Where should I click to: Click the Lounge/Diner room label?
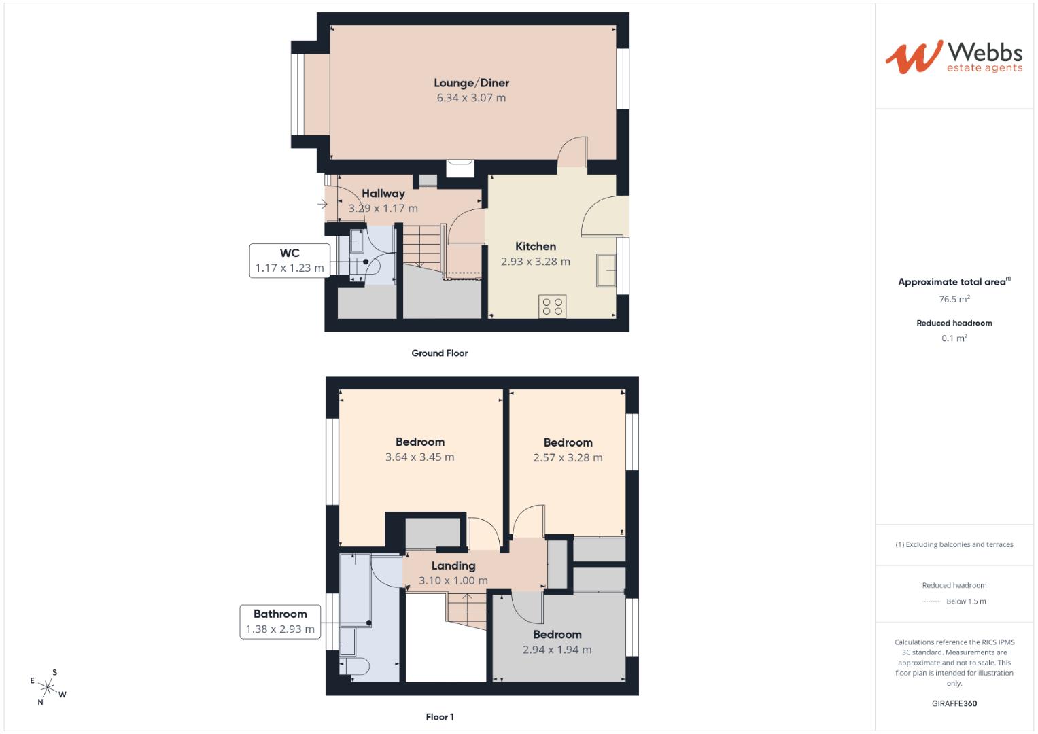point(471,83)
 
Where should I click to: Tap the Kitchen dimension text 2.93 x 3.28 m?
point(535,262)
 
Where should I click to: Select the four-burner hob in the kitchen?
point(553,307)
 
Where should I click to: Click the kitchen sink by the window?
point(606,270)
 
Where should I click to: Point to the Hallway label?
point(383,193)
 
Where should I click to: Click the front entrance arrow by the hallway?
point(322,204)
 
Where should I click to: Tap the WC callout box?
point(290,260)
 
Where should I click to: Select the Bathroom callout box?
point(280,621)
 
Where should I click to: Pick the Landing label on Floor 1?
point(453,565)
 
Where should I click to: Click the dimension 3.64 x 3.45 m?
point(420,457)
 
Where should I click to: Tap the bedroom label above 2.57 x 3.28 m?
point(568,442)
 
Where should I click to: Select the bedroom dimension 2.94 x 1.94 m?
point(557,650)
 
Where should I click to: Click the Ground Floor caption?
point(439,353)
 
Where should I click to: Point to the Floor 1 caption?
point(440,717)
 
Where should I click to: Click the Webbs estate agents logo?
point(954,57)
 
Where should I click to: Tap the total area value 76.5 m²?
point(954,299)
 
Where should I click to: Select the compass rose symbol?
point(48,687)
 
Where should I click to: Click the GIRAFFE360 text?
point(954,703)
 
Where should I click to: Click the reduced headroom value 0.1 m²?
point(954,338)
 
